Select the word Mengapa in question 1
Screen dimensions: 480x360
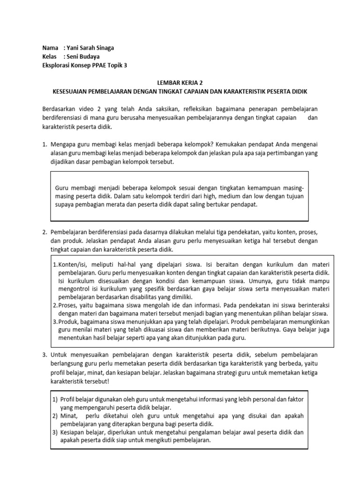click(x=64, y=144)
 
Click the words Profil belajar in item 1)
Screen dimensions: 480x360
click(x=79, y=399)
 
